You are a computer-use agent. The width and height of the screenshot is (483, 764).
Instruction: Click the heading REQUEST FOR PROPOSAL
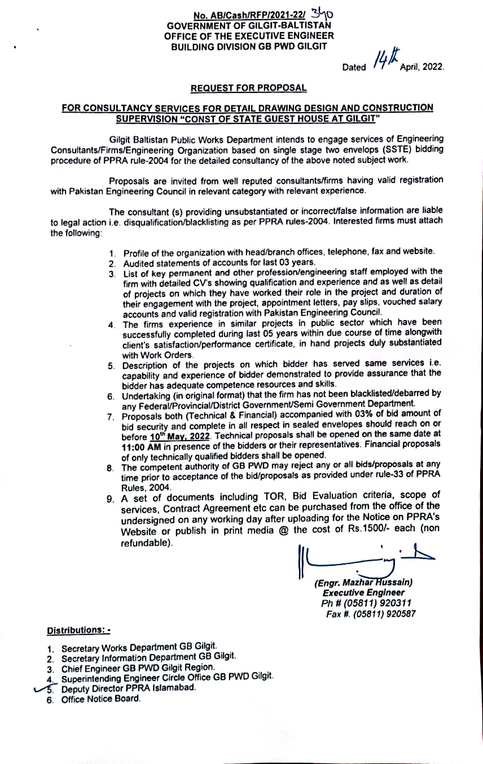tap(248, 88)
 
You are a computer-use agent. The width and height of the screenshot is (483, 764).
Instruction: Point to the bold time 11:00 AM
tap(139, 446)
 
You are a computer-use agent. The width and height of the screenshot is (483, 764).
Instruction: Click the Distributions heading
tap(78, 630)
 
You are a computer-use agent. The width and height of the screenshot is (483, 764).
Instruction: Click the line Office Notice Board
tap(100, 699)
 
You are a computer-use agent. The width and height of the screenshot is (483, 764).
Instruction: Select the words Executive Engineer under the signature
tap(363, 593)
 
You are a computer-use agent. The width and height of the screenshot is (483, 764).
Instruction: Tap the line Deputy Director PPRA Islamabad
tap(129, 689)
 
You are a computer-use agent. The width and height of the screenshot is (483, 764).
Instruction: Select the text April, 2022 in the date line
tap(421, 66)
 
